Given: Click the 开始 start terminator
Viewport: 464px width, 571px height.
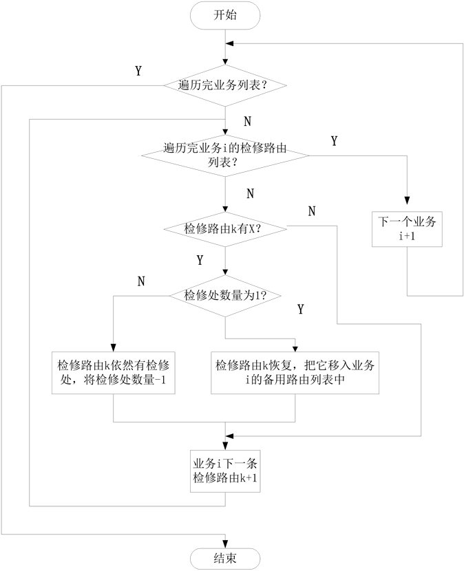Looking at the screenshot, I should click(225, 15).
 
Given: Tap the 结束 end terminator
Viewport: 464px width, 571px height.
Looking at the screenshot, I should click(225, 558).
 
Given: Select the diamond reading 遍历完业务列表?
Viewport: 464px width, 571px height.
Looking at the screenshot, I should click(225, 86).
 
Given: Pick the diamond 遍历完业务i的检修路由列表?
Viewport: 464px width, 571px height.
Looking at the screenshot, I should click(225, 155).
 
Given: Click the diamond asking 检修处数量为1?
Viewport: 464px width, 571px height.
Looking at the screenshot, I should click(225, 296).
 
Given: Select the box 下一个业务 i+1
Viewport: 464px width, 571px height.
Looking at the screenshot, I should click(406, 228).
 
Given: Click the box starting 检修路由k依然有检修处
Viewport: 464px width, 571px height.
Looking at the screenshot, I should click(113, 374).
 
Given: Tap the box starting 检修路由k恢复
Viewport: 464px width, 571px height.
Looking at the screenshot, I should click(295, 374).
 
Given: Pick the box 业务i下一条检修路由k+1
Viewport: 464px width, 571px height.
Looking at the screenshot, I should click(225, 471).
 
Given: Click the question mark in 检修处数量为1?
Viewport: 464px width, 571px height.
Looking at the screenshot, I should click(262, 297).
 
